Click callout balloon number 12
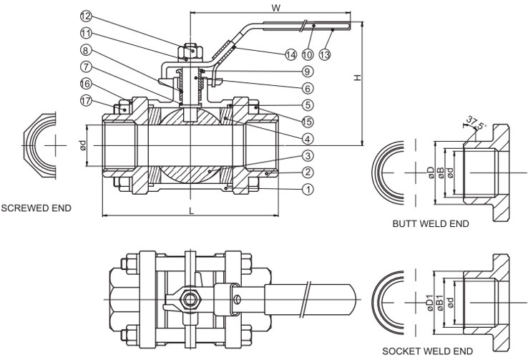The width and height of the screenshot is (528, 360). [85, 16]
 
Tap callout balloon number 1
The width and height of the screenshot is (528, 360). [308, 190]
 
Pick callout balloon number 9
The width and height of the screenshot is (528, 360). [307, 72]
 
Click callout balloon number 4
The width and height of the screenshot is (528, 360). [307, 138]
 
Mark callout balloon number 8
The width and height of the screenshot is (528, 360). [85, 50]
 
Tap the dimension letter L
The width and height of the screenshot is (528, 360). [190, 211]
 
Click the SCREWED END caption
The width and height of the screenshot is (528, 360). [36, 208]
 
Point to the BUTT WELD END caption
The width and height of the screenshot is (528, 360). [430, 224]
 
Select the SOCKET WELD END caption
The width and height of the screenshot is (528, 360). [427, 351]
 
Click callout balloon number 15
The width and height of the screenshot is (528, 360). [307, 121]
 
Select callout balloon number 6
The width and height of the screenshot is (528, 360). [307, 89]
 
